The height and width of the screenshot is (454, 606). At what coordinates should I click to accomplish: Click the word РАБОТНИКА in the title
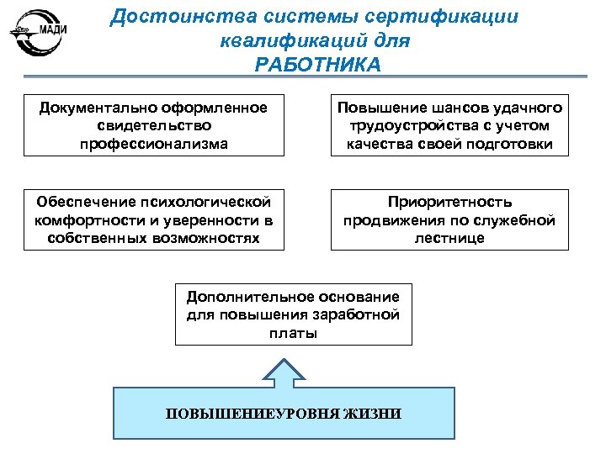(x=318, y=66)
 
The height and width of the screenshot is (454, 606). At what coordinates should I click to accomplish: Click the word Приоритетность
(x=449, y=202)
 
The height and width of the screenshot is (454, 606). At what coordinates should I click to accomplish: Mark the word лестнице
(x=449, y=238)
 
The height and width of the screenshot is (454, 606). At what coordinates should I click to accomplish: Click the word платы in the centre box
(x=293, y=333)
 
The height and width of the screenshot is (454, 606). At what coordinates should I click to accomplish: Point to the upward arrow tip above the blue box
(x=284, y=362)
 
